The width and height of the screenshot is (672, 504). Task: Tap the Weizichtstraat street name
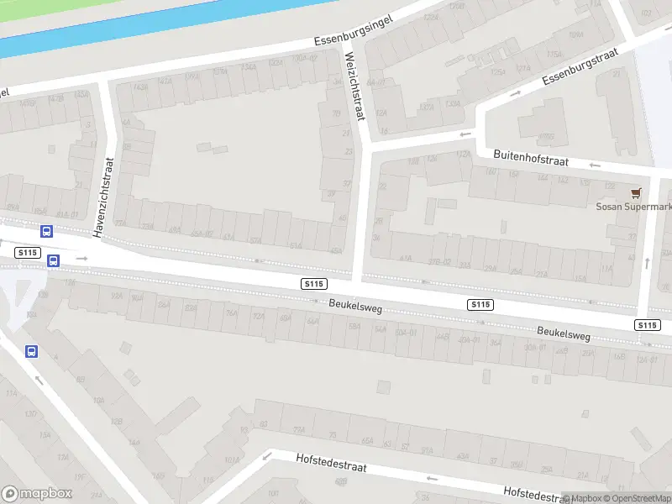pyautogui.click(x=355, y=86)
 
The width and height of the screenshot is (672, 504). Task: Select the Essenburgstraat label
pyautogui.click(x=580, y=66)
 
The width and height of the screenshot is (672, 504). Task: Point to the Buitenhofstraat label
pyautogui.click(x=531, y=157)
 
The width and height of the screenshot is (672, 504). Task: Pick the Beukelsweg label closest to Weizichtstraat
pyautogui.click(x=355, y=308)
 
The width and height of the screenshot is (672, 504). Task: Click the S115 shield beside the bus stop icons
pyautogui.click(x=28, y=252)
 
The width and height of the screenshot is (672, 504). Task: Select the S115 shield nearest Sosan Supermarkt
pyautogui.click(x=647, y=324)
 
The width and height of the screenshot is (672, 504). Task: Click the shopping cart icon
pyautogui.click(x=635, y=192)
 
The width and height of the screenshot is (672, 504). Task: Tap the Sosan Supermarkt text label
pyautogui.click(x=635, y=207)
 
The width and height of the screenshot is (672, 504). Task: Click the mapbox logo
pyautogui.click(x=37, y=493)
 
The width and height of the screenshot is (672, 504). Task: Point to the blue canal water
pyautogui.click(x=126, y=25)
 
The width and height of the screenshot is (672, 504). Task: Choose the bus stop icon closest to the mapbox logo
pyautogui.click(x=31, y=352)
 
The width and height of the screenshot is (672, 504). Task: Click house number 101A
pyautogui.click(x=232, y=460)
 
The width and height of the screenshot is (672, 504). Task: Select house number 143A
pyautogui.click(x=140, y=86)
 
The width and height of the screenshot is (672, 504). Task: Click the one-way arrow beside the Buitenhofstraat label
pyautogui.click(x=462, y=134)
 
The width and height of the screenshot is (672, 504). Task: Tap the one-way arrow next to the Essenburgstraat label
pyautogui.click(x=516, y=92)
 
